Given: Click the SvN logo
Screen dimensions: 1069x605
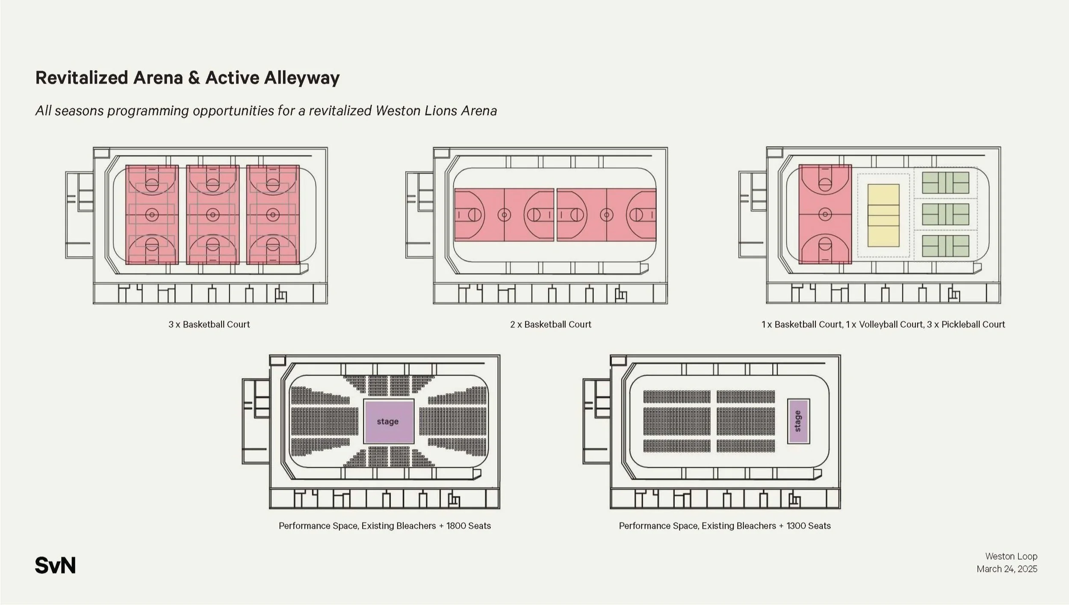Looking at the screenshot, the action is (55, 565).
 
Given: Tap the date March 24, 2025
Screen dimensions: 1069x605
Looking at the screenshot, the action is (1007, 569).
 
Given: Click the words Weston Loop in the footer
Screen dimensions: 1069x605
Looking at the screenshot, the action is (1011, 556).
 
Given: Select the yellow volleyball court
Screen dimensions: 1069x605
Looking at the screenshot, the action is (883, 215).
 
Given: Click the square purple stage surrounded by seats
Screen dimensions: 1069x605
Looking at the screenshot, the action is (388, 421).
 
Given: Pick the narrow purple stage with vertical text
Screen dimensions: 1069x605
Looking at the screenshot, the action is (798, 421).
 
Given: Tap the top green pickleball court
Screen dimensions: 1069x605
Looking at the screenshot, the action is (945, 183).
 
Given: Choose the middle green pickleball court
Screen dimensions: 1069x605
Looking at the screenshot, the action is (945, 214).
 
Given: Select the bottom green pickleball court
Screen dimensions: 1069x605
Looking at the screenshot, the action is (945, 246).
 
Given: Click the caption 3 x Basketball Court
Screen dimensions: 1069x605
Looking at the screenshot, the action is (209, 324).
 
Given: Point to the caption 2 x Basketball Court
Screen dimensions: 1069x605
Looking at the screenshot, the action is (550, 324).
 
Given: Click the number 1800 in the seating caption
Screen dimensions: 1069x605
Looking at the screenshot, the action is (456, 526).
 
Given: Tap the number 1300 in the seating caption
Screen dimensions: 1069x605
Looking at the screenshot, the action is (796, 526).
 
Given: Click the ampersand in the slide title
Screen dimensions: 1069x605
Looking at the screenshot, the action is (194, 78).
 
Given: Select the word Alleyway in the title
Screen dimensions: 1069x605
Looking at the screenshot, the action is (301, 78).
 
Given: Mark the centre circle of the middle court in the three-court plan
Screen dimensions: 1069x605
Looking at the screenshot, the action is (213, 214).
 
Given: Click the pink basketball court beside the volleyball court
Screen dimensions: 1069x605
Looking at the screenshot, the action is (825, 214).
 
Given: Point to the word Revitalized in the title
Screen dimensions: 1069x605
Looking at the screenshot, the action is (81, 78).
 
